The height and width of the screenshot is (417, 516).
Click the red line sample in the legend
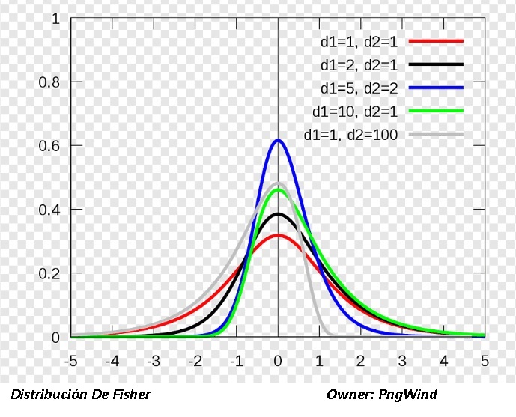437,41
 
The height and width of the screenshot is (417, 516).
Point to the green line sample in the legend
437,112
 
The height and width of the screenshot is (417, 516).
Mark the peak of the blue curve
278,140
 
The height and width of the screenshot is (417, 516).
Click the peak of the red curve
278,235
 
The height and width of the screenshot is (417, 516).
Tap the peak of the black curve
278,214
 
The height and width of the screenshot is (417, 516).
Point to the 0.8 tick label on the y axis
49,82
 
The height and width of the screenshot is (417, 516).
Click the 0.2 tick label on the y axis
49,273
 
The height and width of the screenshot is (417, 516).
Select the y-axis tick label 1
55,18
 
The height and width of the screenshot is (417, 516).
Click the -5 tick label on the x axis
71,361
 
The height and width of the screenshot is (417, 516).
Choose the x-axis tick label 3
402,361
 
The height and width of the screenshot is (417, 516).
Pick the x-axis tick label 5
485,361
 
